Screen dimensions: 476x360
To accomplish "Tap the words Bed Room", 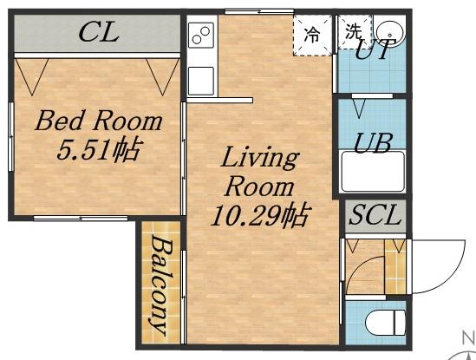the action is pos(99,121).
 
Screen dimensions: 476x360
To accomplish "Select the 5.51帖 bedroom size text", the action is pos(99,149).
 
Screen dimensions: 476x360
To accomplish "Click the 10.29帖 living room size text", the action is pos(261,215).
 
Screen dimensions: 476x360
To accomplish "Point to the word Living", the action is pos(260,158).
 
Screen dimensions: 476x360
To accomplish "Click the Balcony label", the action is pos(160,285).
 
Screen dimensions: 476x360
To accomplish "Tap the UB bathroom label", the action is pos(373,143).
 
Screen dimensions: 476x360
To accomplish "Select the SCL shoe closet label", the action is pos(374,214).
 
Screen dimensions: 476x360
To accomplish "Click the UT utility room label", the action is pos(375,49).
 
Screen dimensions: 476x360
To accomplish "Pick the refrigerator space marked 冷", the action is pos(312,36).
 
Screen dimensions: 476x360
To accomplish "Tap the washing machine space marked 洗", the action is pos(355,31).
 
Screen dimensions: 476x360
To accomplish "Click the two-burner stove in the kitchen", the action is pos(200,36).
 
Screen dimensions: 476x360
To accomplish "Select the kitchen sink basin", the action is pos(200,81).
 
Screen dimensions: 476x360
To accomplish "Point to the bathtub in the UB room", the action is pos(373,172).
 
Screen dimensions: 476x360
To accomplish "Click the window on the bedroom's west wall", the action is pos(11,136).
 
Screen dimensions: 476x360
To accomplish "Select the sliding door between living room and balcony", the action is pos(183,297).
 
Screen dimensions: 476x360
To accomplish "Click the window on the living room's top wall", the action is pos(259,11).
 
